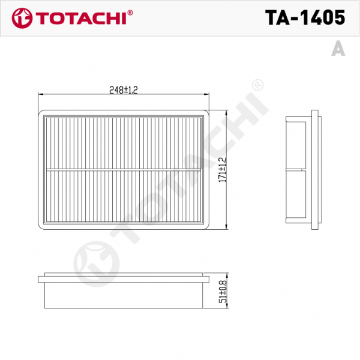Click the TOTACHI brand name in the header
pos(85,18)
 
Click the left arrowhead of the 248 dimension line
pos(40,94)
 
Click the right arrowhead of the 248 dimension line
pos(207,94)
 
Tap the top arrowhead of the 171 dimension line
pos(227,112)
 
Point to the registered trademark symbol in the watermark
pos(257,86)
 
